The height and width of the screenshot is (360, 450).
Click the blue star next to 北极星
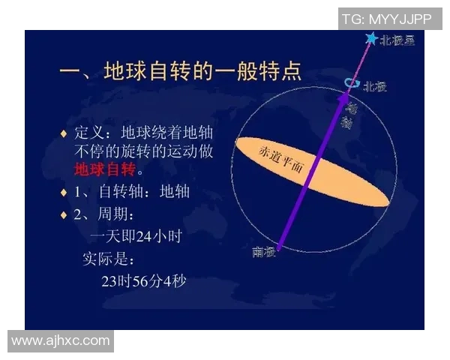(x=370, y=38)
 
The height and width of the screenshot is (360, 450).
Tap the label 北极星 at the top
(x=397, y=40)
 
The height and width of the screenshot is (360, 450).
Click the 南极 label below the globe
(x=264, y=252)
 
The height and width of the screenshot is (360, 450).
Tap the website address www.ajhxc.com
(x=61, y=340)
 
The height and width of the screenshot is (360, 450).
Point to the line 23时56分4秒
(x=142, y=282)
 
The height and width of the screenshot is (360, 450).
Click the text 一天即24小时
(x=135, y=237)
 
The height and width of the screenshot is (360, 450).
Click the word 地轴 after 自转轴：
(x=175, y=191)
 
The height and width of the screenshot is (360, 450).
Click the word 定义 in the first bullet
(x=88, y=133)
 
